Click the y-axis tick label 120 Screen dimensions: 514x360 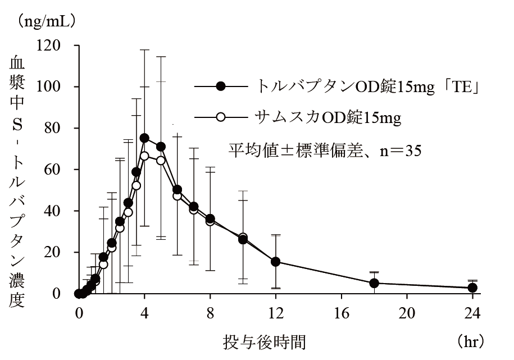48,45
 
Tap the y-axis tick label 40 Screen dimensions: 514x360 52,211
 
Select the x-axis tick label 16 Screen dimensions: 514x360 341,313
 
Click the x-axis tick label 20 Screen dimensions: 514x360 407,313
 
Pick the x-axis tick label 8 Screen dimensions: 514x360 210,313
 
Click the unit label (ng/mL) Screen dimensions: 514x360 47,21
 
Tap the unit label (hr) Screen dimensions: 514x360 470,341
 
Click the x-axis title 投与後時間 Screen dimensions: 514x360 264,342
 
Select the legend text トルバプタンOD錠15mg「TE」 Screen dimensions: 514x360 367,86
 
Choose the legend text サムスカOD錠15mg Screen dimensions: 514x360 328,117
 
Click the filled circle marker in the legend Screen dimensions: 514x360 221,86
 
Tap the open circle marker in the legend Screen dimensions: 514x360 221,117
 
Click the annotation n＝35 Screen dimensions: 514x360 401,151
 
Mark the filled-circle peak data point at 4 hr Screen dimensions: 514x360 144,138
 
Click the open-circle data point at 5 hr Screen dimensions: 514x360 161,160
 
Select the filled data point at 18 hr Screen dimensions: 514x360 374,283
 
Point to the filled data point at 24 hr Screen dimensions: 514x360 472,288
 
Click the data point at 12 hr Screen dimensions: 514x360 276,262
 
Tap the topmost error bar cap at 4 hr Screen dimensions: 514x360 144,50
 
